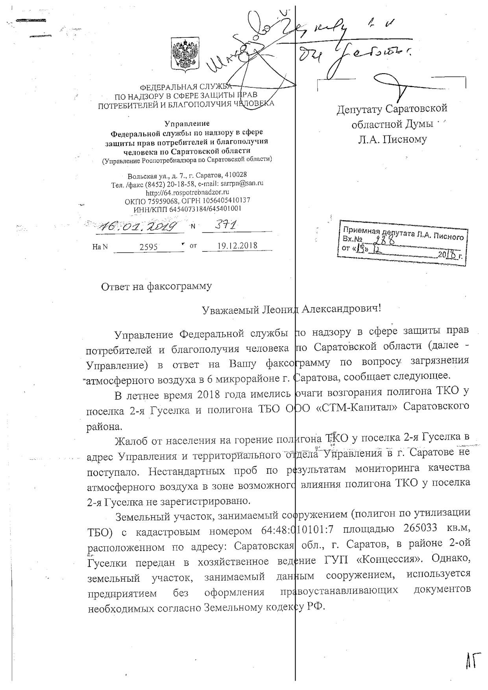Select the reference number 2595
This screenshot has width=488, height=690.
(148, 247)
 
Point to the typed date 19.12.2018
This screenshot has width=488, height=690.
(237, 246)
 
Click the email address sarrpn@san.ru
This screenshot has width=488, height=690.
(243, 184)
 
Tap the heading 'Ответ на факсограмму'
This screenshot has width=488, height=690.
(156, 286)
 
